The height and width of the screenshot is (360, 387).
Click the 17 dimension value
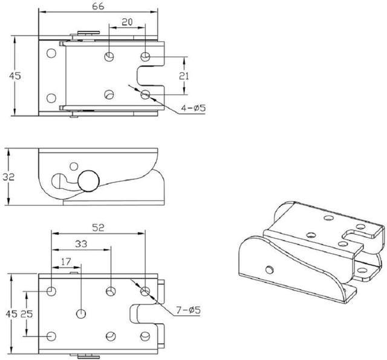67,262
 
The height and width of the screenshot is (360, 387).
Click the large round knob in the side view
88,180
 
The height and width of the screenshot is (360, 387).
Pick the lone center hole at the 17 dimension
80,313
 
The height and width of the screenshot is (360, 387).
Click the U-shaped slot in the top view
148,76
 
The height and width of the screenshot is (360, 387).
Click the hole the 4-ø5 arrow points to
145,95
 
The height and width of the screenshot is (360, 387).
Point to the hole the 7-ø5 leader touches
145,292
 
